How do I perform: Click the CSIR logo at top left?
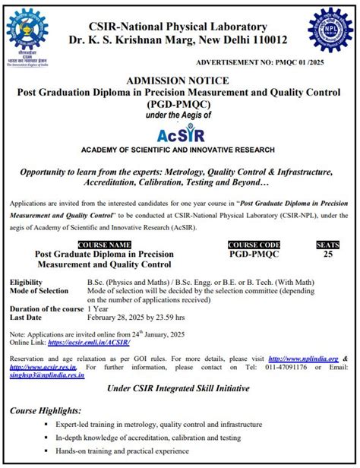point(27,36)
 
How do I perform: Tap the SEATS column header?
point(327,244)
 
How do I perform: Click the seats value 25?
point(327,254)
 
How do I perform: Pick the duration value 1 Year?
point(99,309)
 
